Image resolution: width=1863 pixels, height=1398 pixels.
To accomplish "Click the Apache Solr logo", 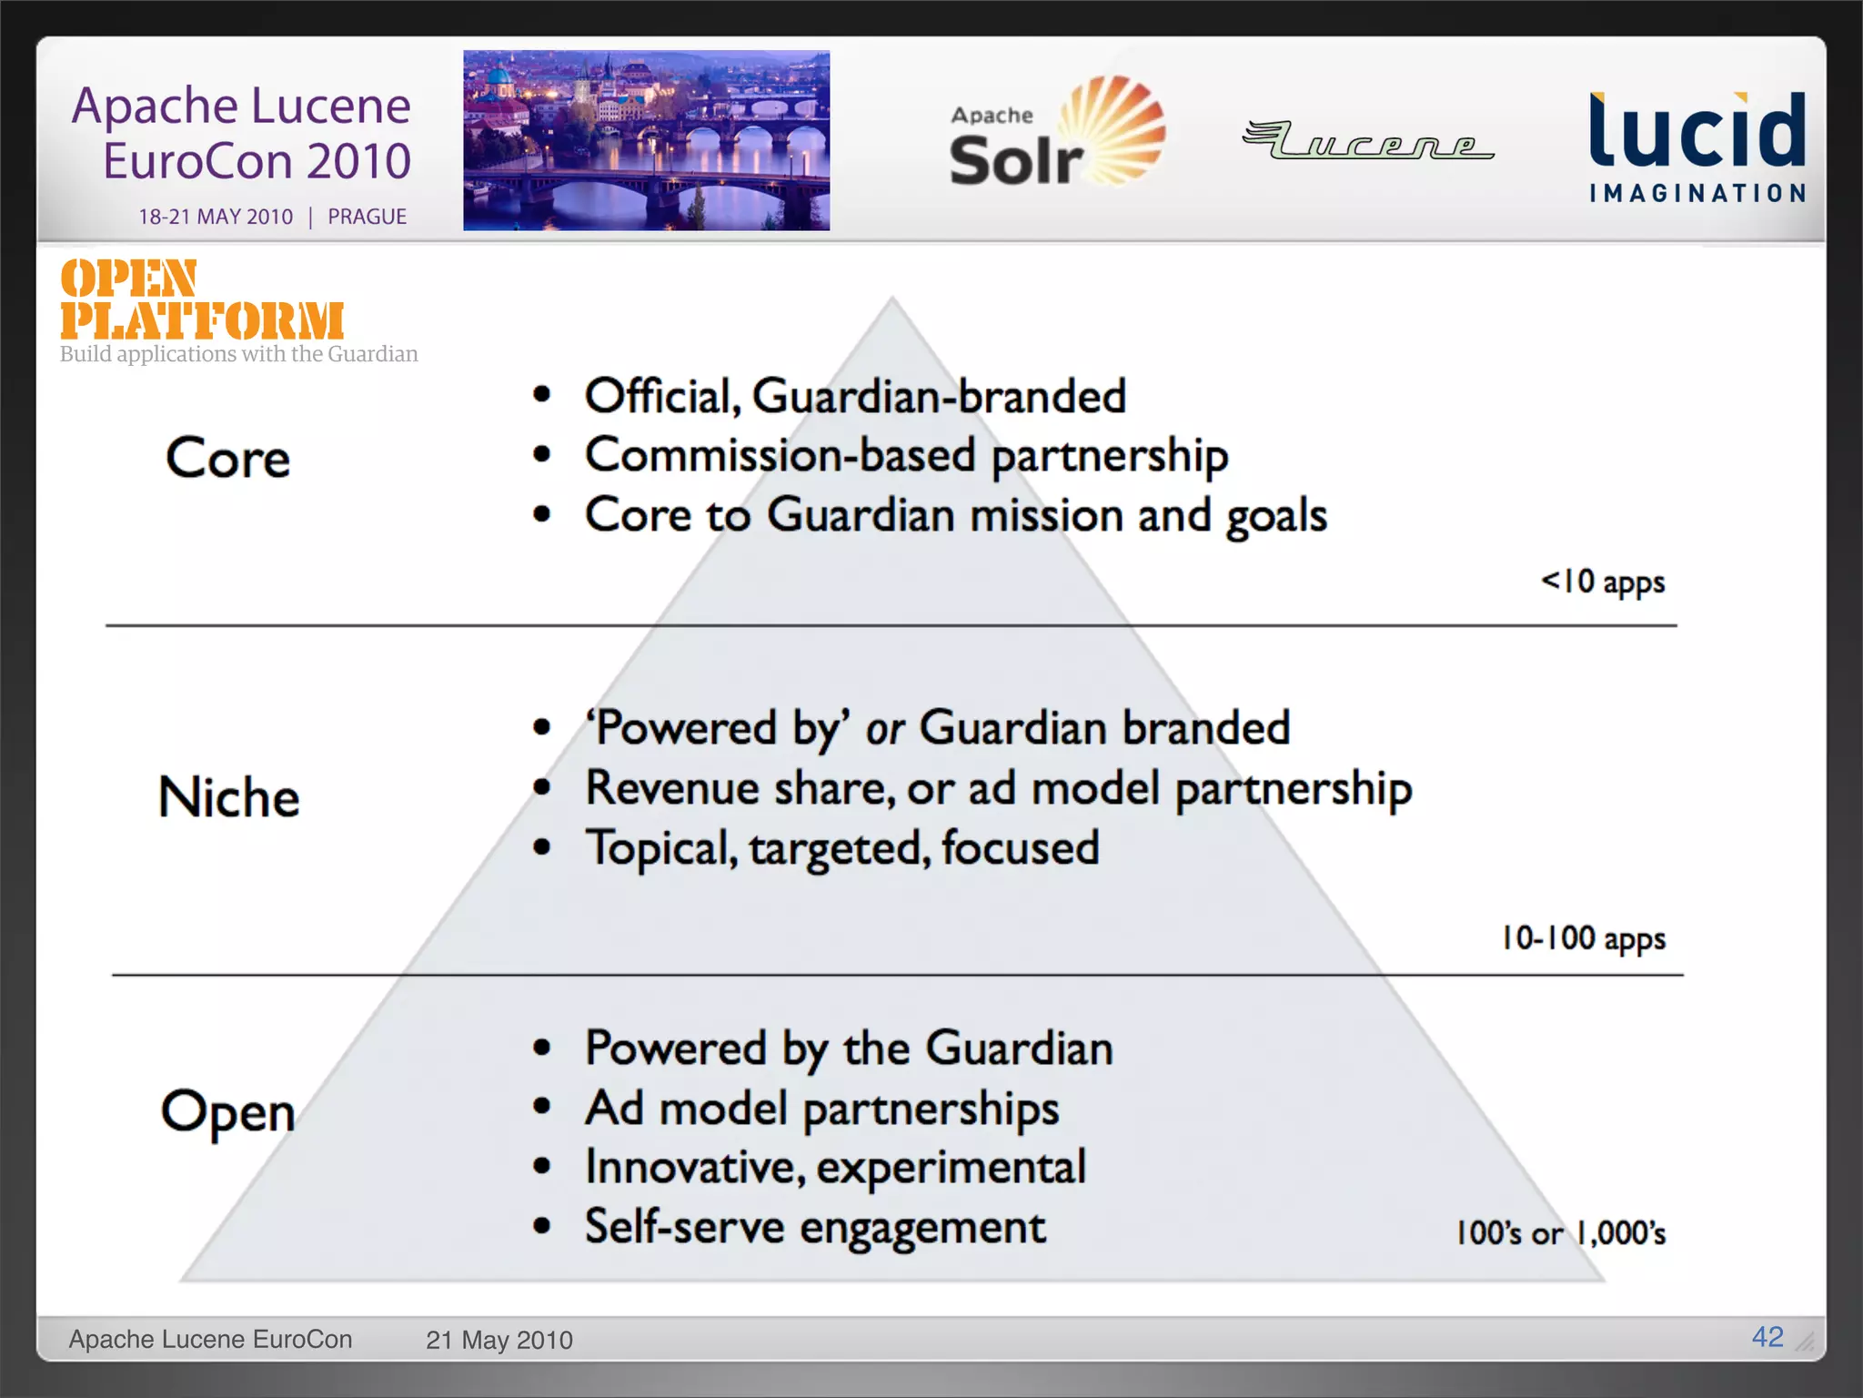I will pos(1055,134).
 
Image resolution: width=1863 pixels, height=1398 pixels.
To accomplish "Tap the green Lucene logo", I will pos(1367,141).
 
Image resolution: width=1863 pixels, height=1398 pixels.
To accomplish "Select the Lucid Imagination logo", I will pos(1697,146).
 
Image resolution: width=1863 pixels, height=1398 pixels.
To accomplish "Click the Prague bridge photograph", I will pos(646,140).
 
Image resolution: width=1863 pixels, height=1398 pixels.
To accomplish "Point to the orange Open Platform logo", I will pos(202,300).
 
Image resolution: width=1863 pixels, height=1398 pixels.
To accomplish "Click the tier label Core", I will pos(227,458).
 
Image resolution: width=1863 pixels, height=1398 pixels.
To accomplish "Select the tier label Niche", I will pos(228,797).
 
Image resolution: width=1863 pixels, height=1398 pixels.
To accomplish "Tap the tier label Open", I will pos(227,1110).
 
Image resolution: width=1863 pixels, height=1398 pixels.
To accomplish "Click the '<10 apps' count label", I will pos(1603,582).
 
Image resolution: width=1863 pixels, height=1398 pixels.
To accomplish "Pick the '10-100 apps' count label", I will pos(1583,938).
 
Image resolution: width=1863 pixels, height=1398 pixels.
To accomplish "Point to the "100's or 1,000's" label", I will pos(1560,1233).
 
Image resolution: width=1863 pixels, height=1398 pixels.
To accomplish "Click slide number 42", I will pos(1767,1337).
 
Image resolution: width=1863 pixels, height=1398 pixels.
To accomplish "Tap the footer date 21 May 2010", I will pos(498,1340).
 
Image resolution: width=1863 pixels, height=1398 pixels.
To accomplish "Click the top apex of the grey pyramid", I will pos(892,301).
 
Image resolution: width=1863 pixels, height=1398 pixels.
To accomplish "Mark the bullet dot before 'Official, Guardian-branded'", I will pos(542,395).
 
